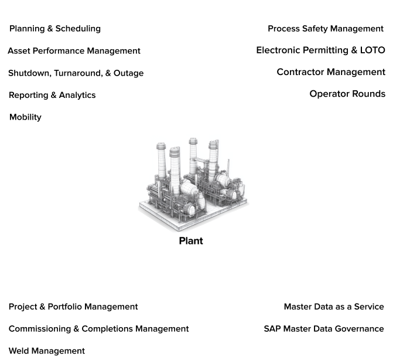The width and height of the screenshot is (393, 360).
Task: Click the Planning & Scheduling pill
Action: [55, 29]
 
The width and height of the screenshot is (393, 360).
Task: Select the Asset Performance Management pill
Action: [74, 51]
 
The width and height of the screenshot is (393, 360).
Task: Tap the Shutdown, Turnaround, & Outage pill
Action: [76, 73]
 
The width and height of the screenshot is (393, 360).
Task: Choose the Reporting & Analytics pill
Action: [52, 95]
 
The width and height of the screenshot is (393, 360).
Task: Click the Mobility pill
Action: [25, 117]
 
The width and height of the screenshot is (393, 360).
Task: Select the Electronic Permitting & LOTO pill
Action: [320, 50]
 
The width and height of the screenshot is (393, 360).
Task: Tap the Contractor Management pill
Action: [331, 72]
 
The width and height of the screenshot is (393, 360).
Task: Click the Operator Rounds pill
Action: [347, 94]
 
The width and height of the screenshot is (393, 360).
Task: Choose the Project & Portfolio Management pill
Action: [73, 307]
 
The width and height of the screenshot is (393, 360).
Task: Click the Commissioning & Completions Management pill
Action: [98, 329]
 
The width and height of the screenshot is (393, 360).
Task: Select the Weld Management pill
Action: [47, 351]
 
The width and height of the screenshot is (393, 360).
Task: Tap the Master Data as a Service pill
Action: [334, 307]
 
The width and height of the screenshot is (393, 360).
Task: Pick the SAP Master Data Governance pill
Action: [324, 329]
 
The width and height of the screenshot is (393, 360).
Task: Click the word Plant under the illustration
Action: [190, 241]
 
